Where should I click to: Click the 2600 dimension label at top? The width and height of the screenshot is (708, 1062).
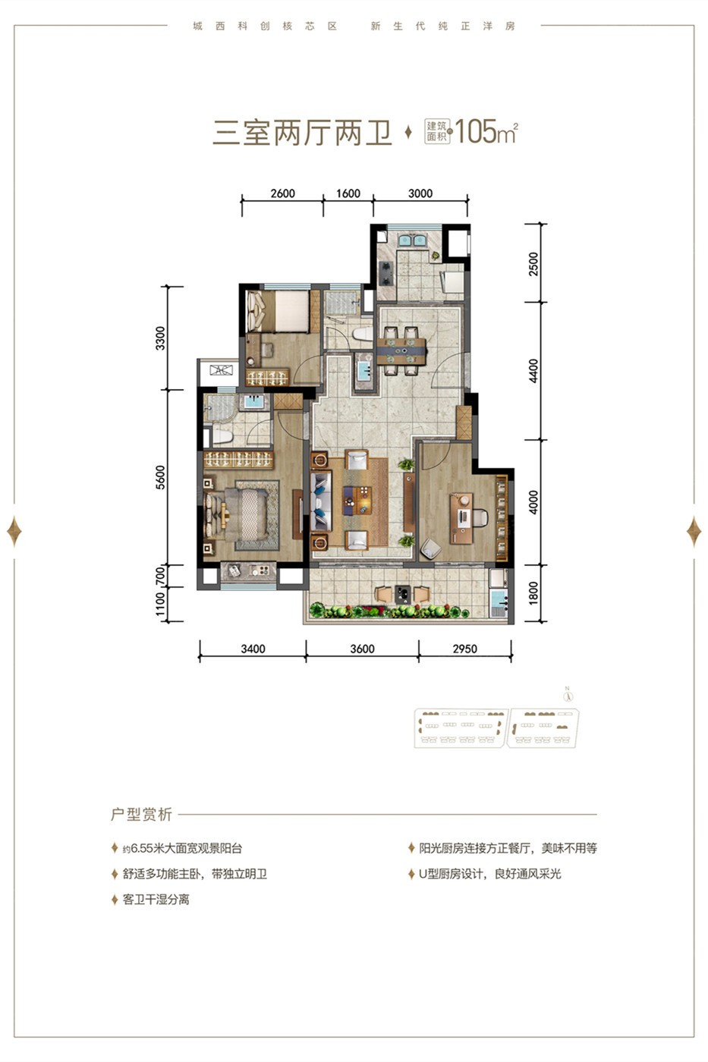click(x=282, y=193)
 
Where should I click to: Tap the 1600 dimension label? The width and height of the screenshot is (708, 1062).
click(x=348, y=193)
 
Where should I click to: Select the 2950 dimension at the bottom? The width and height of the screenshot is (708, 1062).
click(x=464, y=649)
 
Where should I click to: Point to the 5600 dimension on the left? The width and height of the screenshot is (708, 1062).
click(x=161, y=477)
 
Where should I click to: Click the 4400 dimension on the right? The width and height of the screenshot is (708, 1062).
click(x=533, y=371)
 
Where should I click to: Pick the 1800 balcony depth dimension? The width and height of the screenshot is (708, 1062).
click(x=533, y=593)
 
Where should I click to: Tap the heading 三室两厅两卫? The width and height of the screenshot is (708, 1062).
click(x=303, y=133)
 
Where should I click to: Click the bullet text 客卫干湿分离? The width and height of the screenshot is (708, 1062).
click(x=156, y=900)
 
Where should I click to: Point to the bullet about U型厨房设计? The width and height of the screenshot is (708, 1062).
click(x=490, y=874)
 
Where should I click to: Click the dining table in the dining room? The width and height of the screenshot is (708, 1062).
click(x=401, y=351)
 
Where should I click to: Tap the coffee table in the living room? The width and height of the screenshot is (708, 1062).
click(x=357, y=501)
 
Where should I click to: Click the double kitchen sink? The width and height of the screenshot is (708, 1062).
click(x=412, y=240)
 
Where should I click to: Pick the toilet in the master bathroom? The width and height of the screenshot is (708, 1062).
click(x=221, y=436)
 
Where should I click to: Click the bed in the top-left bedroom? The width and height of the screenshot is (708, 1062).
click(x=278, y=311)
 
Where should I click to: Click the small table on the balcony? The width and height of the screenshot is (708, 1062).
click(x=402, y=594)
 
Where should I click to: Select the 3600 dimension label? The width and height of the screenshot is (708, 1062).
click(x=362, y=649)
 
